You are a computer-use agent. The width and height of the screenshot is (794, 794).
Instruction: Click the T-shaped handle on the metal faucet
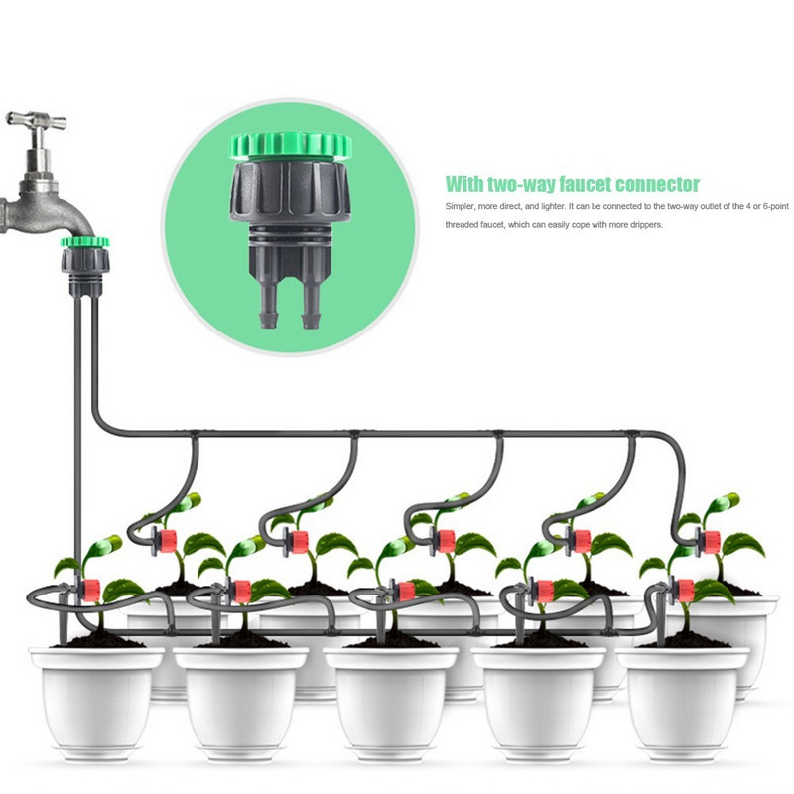pos(36,121)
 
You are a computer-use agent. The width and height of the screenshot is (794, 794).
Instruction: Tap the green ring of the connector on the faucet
pos(84,242)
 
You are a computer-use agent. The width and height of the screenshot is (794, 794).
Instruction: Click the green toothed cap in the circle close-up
pos(290,145)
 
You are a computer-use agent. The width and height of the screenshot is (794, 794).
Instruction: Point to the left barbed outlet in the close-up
pos(268,304)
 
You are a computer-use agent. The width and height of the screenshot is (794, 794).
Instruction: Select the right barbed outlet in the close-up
pos(312,304)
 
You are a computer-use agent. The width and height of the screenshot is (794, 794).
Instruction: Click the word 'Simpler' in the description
pos(461,207)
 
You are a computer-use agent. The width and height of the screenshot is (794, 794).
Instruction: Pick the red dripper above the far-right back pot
pos(711,542)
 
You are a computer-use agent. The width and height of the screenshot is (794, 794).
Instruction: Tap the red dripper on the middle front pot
pos(406,592)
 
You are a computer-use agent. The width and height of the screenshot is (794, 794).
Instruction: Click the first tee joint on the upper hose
pos(194,435)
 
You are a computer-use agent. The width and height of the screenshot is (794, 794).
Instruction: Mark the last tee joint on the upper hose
pos(631,435)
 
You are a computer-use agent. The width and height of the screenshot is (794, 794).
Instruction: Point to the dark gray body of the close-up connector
pos(290,193)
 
